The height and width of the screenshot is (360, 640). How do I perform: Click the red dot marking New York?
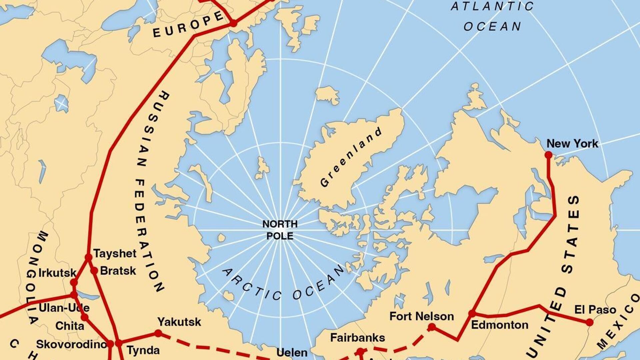point(548,155)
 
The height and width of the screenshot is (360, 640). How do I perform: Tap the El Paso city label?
point(595,310)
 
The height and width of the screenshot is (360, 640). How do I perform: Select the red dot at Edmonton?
point(472,313)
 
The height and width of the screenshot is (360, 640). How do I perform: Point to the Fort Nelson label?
point(422,316)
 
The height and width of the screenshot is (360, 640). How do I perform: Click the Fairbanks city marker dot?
point(360,351)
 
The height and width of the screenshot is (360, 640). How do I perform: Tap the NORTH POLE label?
point(280,230)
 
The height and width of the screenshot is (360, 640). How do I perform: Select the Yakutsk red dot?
point(158,333)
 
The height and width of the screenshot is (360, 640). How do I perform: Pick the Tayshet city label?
point(115,253)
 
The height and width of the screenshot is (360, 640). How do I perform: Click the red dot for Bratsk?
point(94,271)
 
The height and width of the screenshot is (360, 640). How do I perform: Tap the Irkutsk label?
point(57,273)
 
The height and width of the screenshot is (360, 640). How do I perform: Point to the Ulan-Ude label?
point(64,308)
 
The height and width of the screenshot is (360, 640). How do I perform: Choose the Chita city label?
point(70,326)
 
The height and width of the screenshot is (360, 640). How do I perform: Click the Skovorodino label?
point(71,344)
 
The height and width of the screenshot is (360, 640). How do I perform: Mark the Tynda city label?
point(143,350)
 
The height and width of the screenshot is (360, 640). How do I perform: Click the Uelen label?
point(292,353)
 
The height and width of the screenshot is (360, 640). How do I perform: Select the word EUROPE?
point(188,25)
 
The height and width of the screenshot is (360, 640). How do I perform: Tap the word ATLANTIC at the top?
point(492,7)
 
